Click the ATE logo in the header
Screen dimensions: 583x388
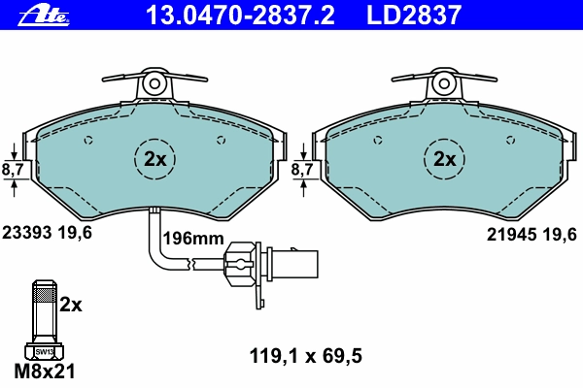point(45,16)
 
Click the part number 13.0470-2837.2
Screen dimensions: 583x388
point(240,16)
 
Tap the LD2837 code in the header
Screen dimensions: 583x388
point(414,16)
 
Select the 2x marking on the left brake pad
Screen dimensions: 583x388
point(154,160)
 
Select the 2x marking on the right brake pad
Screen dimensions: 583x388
point(444,160)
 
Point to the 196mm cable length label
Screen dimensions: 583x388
point(193,239)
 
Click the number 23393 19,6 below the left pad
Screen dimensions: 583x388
point(47,233)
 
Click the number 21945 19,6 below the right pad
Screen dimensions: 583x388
point(532,235)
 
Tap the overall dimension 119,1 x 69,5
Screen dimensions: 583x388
point(306,356)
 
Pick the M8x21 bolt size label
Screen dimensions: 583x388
point(45,371)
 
